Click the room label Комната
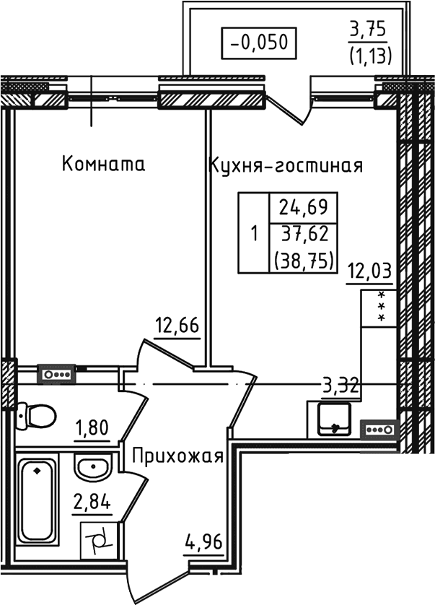(x=103, y=164)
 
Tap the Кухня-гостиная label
(x=286, y=165)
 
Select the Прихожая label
(x=177, y=456)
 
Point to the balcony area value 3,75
(x=369, y=30)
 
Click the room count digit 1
(x=253, y=235)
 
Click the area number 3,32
(x=341, y=386)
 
